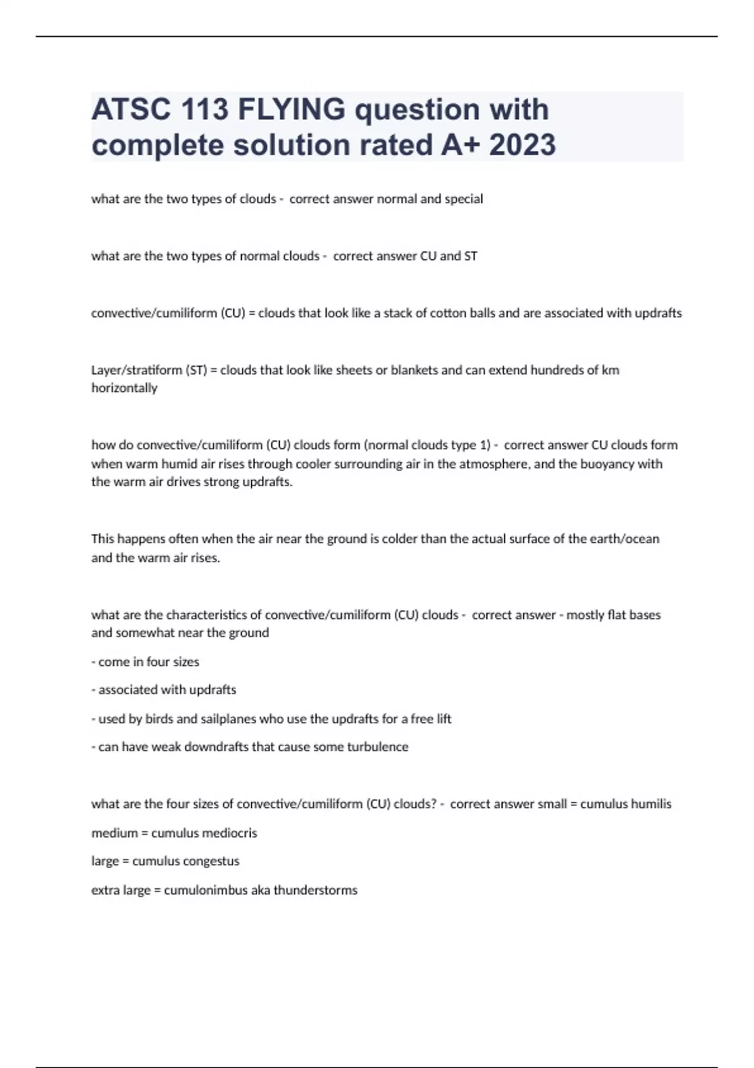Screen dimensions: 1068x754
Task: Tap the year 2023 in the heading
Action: (522, 145)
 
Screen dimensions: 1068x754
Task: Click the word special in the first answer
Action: (464, 199)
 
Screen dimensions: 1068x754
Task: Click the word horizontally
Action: (124, 388)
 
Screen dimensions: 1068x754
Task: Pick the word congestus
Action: (211, 861)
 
